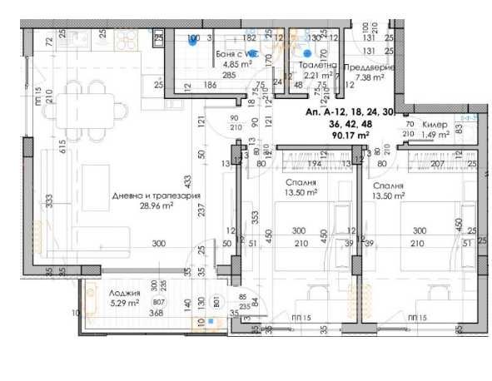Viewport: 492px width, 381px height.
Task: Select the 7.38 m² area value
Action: (368, 78)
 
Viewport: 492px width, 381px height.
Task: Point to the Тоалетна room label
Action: (316, 65)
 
